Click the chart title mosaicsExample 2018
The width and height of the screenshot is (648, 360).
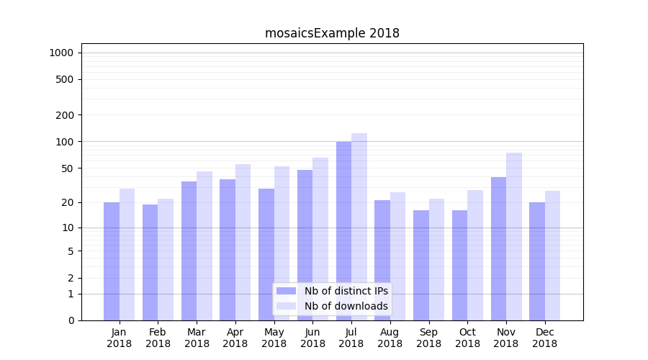(332, 33)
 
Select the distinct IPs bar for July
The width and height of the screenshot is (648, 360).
(343, 230)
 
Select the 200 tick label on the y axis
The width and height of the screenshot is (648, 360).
(65, 115)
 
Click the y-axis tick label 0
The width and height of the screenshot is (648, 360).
(71, 320)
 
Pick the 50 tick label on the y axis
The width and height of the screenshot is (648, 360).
(68, 168)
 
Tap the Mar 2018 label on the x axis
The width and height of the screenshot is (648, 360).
(197, 338)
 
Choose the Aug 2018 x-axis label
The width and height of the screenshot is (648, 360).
(390, 338)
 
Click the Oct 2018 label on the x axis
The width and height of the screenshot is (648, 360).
(467, 338)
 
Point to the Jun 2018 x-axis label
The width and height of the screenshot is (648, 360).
(312, 338)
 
